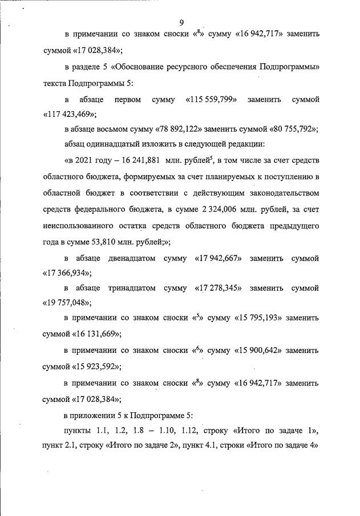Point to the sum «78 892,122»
coord(184,129)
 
